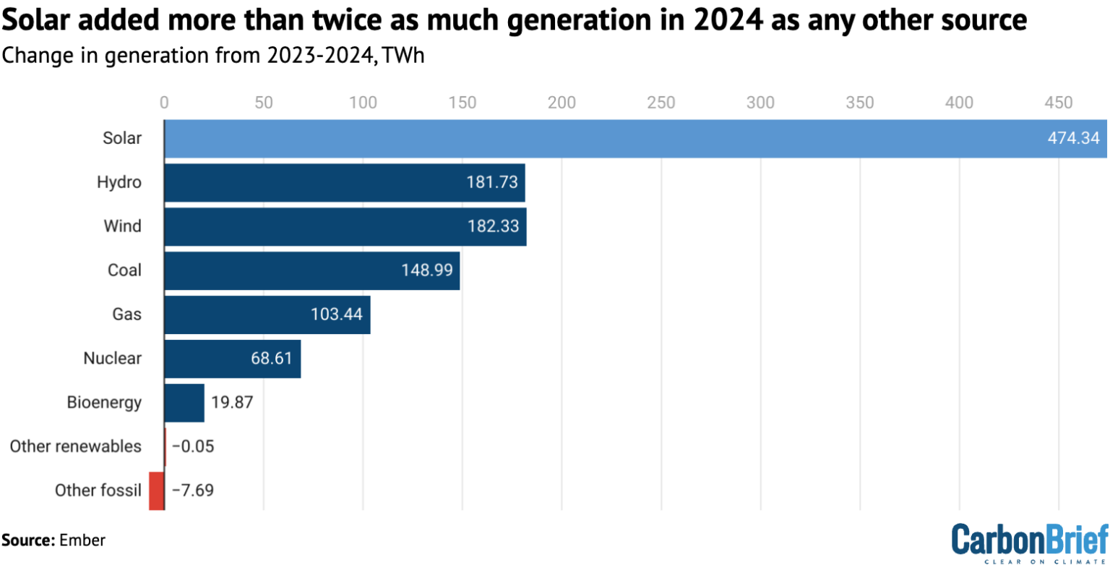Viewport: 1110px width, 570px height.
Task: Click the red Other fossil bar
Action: pos(156,490)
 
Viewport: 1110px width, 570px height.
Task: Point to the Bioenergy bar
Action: pos(184,403)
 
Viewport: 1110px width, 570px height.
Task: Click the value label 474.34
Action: pos(1073,138)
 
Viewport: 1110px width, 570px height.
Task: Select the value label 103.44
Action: pos(337,315)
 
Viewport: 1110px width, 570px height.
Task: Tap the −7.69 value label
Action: pos(193,490)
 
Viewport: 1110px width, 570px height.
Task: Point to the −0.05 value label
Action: pos(193,446)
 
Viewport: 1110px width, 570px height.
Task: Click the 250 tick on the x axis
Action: pos(661,103)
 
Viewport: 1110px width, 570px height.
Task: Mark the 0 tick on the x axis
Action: pos(164,103)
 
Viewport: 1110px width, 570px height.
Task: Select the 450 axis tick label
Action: pos(1059,103)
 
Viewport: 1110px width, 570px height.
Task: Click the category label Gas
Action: pos(126,315)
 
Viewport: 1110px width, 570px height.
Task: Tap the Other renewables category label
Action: pos(75,446)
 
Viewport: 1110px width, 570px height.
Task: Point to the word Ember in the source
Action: pos(82,540)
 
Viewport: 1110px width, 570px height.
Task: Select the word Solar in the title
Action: pos(35,20)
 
